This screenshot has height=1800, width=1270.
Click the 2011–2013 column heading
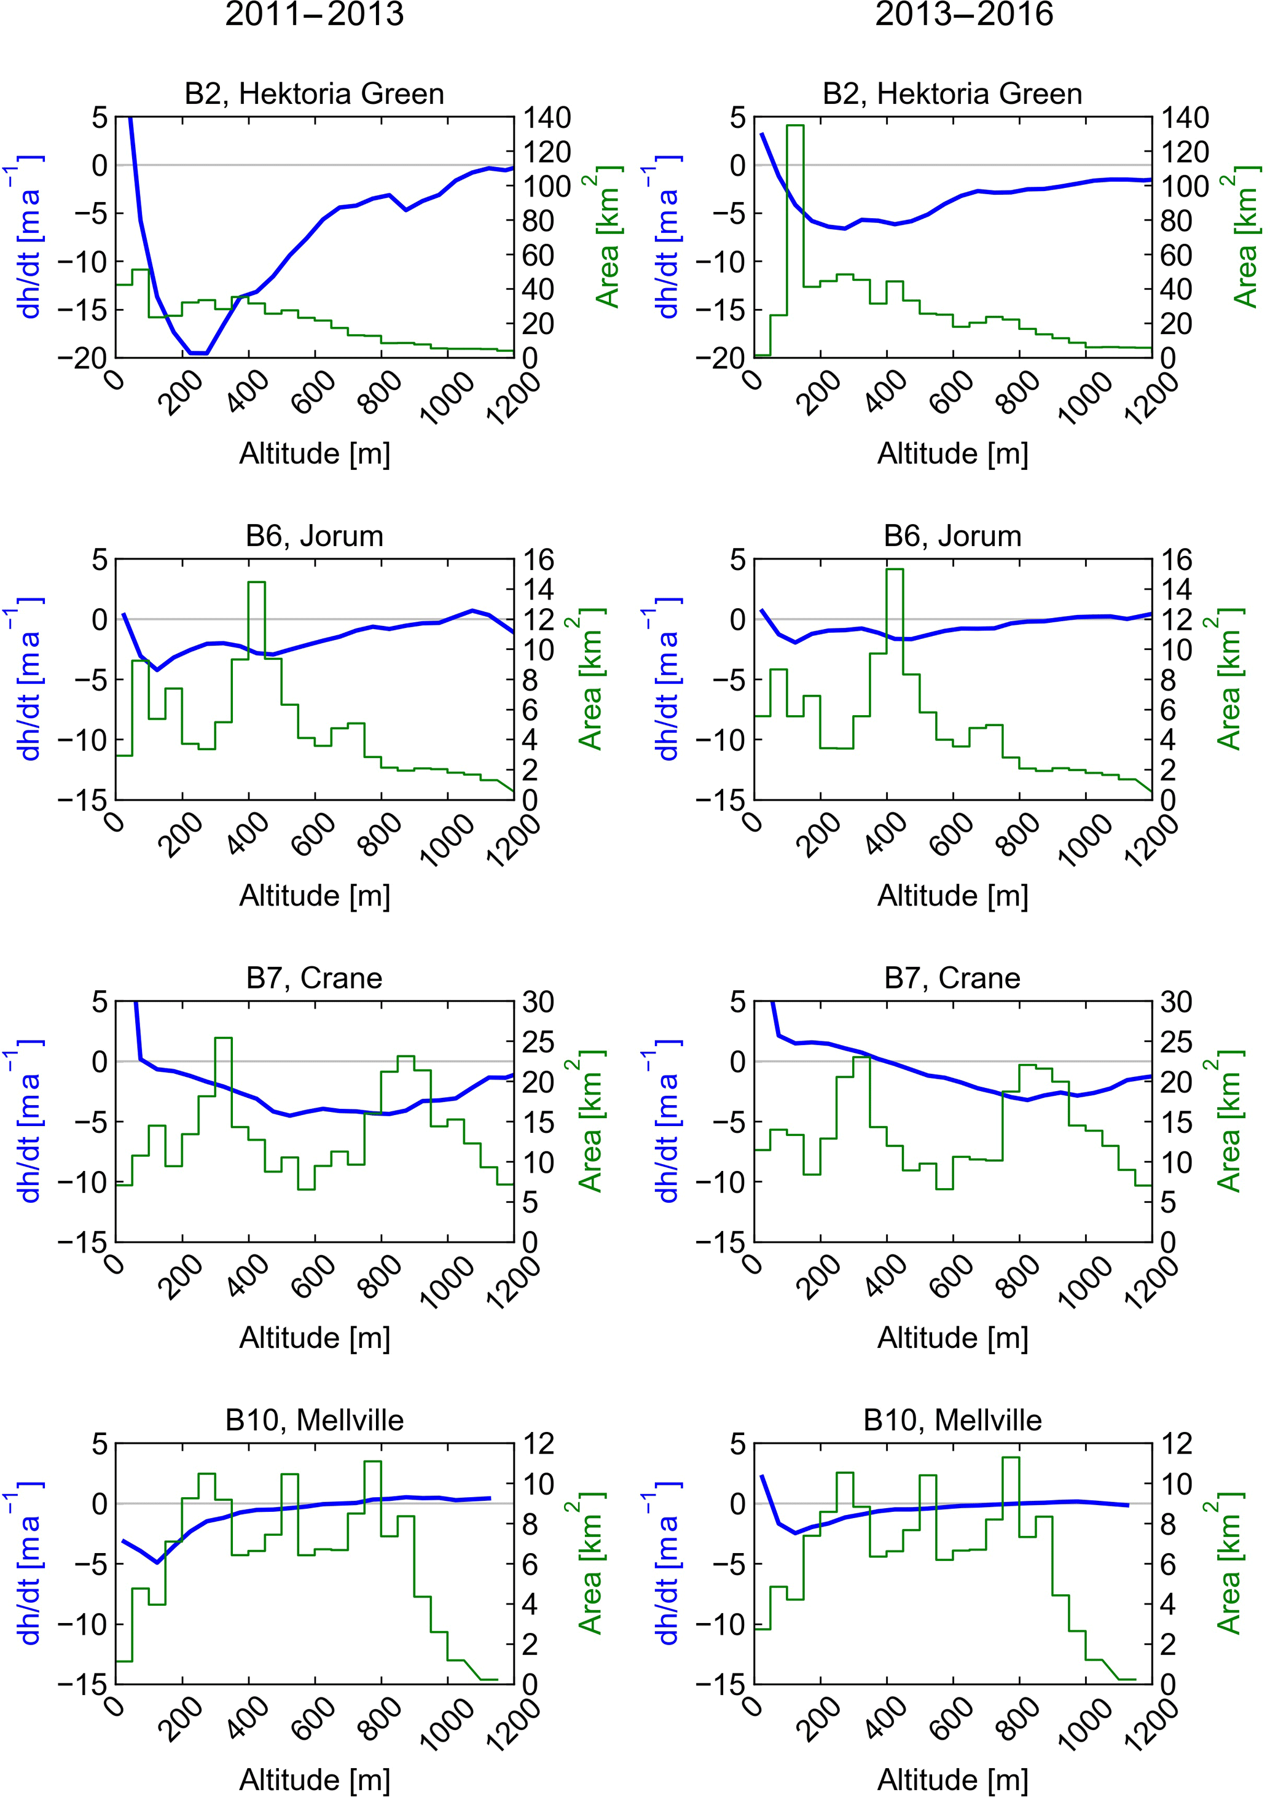tap(315, 14)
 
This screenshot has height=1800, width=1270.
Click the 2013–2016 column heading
tap(963, 14)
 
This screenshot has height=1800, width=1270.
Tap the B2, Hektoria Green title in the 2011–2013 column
tap(315, 94)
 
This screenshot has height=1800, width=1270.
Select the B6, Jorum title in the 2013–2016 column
tap(952, 536)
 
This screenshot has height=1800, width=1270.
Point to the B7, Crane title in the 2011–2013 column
tap(315, 979)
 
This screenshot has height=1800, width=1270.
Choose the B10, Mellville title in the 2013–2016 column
tap(952, 1420)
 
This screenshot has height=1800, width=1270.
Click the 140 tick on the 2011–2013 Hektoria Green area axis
tap(547, 119)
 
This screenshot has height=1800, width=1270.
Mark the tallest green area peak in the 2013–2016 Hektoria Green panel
tap(795, 125)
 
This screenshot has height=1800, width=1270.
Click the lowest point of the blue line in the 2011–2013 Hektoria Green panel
tap(198, 353)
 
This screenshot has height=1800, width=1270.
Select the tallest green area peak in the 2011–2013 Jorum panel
tap(256, 582)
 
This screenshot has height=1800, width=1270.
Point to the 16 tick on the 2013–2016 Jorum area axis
tap(1174, 560)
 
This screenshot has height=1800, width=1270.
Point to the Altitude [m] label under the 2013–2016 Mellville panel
tap(952, 1780)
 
